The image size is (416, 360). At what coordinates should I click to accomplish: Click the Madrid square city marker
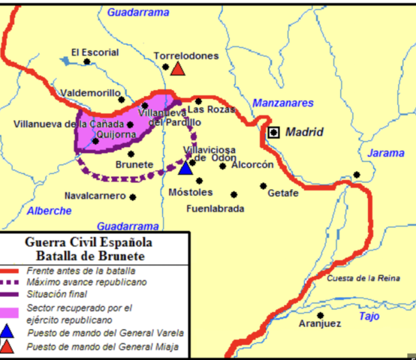(x=274, y=133)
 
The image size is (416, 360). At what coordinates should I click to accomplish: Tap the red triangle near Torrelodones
(x=178, y=69)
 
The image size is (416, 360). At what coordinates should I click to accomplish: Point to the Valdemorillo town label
(x=91, y=93)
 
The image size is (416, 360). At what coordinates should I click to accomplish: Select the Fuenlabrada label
(x=216, y=208)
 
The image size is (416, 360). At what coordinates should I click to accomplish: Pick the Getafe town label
(x=283, y=193)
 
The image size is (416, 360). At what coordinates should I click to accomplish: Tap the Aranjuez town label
(x=319, y=324)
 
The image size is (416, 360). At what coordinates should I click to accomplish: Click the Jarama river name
(x=386, y=153)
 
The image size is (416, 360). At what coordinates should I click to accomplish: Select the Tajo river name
(x=369, y=316)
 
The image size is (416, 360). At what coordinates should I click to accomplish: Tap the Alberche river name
(x=50, y=211)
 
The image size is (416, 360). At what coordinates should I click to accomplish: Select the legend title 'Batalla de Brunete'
(x=89, y=256)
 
